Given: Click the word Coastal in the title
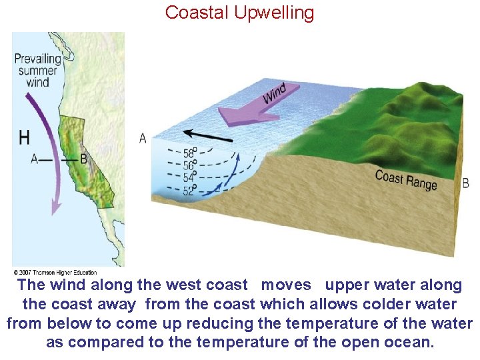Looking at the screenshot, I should click(x=195, y=13).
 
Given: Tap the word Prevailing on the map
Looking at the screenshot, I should click(x=37, y=58).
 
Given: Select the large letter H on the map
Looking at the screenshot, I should click(x=24, y=137).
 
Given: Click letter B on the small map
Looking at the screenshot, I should click(x=83, y=159).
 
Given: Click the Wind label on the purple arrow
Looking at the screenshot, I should click(x=274, y=93).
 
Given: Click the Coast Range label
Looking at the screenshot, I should click(x=406, y=179).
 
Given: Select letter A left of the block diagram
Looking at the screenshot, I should click(x=143, y=138).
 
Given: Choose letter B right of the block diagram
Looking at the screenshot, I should click(x=465, y=183).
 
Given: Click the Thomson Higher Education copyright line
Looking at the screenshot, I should click(x=55, y=272).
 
